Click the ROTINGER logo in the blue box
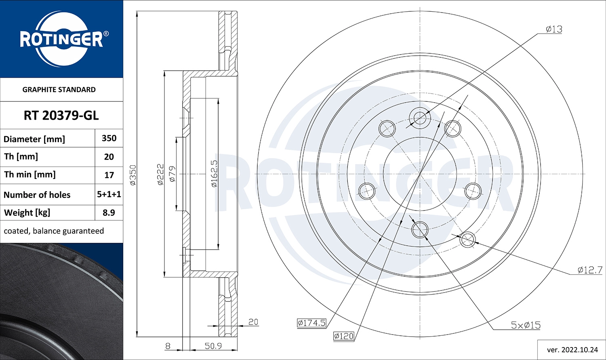tap(61, 39)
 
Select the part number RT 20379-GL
tap(61, 116)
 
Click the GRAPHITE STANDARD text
tap(59, 90)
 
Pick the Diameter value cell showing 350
tap(109, 138)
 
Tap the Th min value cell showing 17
tap(109, 175)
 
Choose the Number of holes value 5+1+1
tap(109, 194)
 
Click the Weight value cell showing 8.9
tap(109, 213)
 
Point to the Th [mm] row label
tap(21, 156)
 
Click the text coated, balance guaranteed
tap(54, 231)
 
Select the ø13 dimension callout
tap(553, 29)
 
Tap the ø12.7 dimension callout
tap(589, 270)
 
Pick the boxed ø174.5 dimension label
tap(311, 322)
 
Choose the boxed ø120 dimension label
tap(343, 336)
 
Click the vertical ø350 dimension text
tap(133, 175)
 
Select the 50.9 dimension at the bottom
tap(213, 346)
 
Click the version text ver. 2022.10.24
tap(572, 349)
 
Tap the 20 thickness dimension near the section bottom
tap(253, 322)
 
